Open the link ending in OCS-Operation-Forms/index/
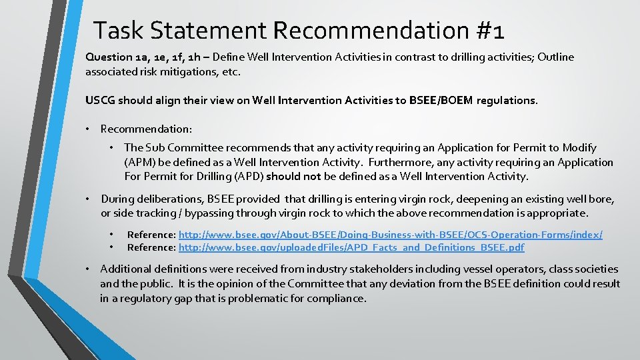[391, 235]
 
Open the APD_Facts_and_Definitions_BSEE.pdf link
[351, 247]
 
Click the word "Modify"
[579, 148]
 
